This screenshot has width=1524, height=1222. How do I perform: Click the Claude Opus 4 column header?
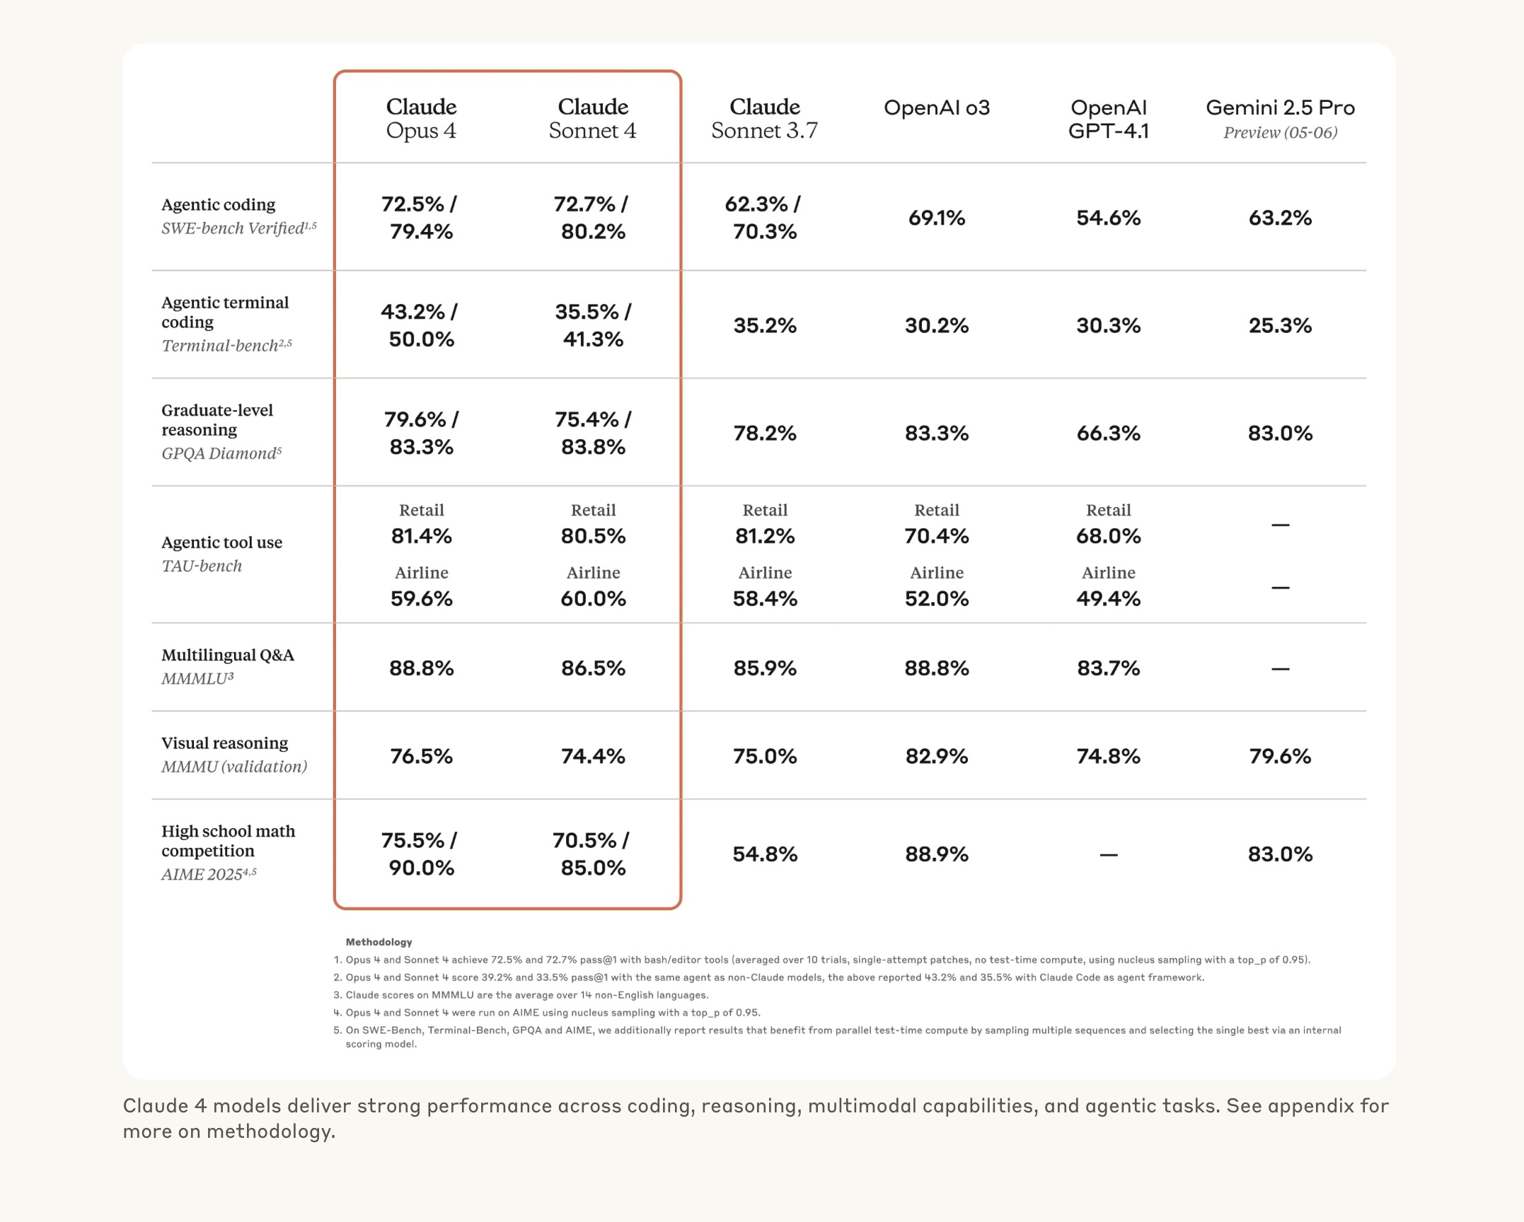click(x=421, y=118)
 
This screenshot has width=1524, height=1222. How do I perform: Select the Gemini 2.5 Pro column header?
click(x=1280, y=118)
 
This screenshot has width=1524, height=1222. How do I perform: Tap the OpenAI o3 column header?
click(x=937, y=107)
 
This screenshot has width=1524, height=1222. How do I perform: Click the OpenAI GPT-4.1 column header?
click(x=1108, y=119)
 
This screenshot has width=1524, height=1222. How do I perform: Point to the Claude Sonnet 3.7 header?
click(x=765, y=118)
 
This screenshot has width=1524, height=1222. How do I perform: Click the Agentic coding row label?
click(x=218, y=204)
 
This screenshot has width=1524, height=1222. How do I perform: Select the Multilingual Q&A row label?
click(x=228, y=655)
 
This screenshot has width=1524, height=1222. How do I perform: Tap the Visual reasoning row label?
click(x=225, y=743)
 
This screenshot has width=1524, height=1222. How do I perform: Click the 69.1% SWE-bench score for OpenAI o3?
click(x=937, y=218)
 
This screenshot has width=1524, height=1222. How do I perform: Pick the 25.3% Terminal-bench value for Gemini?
click(x=1280, y=325)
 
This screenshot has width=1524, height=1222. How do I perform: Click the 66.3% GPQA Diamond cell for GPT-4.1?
click(x=1108, y=433)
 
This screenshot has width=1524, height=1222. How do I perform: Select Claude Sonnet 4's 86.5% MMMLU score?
click(x=593, y=668)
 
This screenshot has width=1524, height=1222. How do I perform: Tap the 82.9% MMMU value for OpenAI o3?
click(x=937, y=757)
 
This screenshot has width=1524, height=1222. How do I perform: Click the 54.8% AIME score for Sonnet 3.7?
click(x=765, y=854)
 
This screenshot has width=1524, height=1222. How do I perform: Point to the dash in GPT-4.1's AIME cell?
click(x=1109, y=855)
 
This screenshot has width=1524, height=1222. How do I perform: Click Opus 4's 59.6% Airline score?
click(x=421, y=599)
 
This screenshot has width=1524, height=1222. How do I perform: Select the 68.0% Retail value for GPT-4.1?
click(x=1108, y=536)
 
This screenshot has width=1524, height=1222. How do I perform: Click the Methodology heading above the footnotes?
click(x=379, y=942)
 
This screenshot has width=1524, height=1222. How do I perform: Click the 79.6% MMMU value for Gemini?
click(x=1280, y=757)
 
